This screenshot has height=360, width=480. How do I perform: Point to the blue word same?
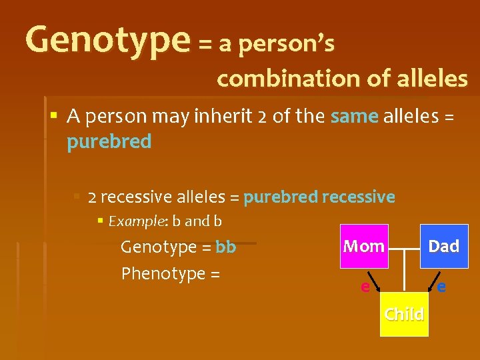point(354,117)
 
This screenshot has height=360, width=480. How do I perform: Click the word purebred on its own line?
point(109,142)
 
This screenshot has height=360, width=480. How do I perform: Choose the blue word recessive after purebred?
point(358,197)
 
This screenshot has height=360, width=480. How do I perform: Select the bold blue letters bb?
point(226,247)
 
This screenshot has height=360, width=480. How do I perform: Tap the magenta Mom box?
point(364,246)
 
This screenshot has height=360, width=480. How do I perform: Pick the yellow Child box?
point(404,313)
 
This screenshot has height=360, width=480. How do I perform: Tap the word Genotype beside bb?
point(158,247)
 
